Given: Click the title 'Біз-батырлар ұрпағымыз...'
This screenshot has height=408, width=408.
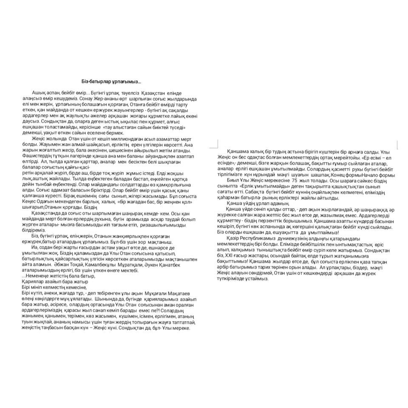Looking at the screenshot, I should tap(111, 81).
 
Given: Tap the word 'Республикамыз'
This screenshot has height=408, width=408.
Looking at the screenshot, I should tap(253, 239).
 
